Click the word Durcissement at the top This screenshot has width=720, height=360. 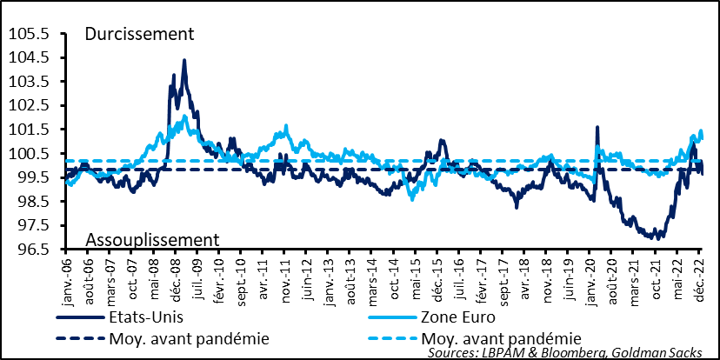pyautogui.click(x=138, y=34)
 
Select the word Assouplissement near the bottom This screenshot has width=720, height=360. pyautogui.click(x=151, y=239)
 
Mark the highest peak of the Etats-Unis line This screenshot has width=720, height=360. pyautogui.click(x=183, y=60)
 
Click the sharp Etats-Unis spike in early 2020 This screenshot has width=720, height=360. pyautogui.click(x=597, y=128)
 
